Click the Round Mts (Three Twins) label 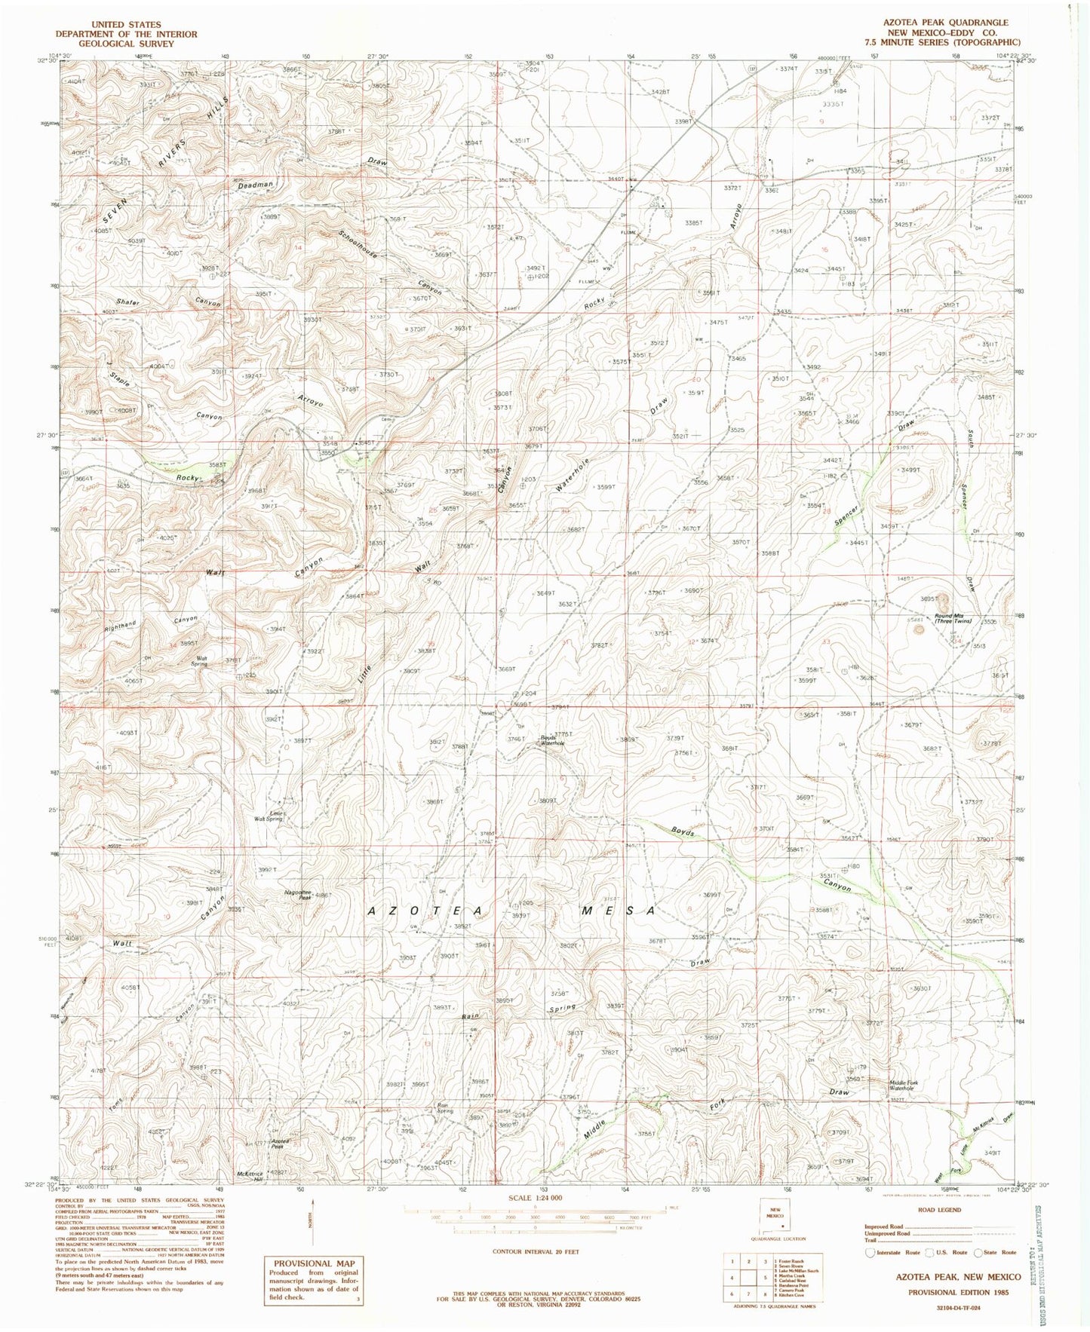(x=954, y=618)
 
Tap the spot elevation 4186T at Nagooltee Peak (x=322, y=896)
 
